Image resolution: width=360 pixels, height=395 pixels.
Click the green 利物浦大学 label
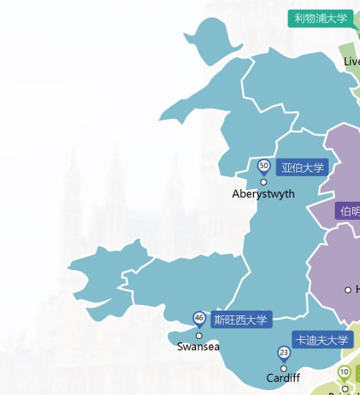point(320,19)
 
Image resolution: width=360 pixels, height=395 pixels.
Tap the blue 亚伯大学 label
point(302,167)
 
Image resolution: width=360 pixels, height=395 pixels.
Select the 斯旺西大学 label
point(241,320)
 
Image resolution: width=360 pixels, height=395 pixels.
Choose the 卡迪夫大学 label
point(322,341)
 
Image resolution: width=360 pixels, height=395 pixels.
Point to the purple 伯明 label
point(348,211)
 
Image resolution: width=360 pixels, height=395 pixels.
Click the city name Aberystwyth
point(263,194)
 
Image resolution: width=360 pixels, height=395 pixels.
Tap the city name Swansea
point(198,347)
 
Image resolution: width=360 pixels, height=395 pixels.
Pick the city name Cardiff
point(283,378)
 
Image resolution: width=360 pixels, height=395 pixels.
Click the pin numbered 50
point(264,166)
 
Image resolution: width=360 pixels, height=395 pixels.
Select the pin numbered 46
point(199,319)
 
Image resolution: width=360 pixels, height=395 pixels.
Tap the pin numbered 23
point(283,352)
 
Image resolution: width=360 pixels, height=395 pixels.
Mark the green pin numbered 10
point(344,373)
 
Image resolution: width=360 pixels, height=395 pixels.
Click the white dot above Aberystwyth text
point(264,182)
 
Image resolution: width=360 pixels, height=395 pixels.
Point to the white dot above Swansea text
point(199,336)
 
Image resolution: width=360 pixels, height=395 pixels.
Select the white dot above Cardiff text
point(283,368)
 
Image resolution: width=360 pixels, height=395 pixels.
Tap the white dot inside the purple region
point(348,290)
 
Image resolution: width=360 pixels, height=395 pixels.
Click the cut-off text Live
point(352,62)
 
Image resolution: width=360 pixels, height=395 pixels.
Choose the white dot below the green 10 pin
point(345,389)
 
